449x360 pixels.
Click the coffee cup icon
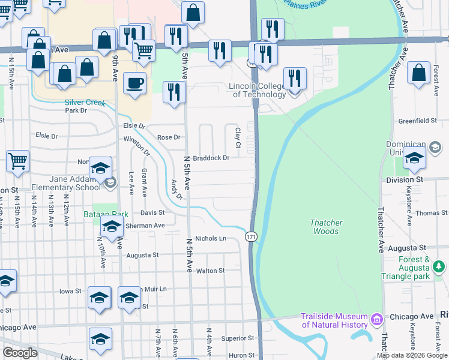(135, 82)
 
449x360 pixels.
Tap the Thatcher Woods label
(326, 227)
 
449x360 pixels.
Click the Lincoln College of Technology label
(258, 90)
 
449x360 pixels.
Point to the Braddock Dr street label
(211, 158)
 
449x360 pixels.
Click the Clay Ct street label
(238, 138)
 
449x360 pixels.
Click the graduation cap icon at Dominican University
(414, 158)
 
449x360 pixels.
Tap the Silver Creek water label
(85, 103)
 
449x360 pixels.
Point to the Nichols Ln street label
(210, 238)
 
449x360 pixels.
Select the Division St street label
(405, 179)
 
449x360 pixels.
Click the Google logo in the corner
(20, 353)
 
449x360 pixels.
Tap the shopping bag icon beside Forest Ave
(418, 72)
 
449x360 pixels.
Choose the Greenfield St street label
(418, 121)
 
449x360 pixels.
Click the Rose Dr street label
(169, 137)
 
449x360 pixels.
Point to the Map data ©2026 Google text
(411, 355)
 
